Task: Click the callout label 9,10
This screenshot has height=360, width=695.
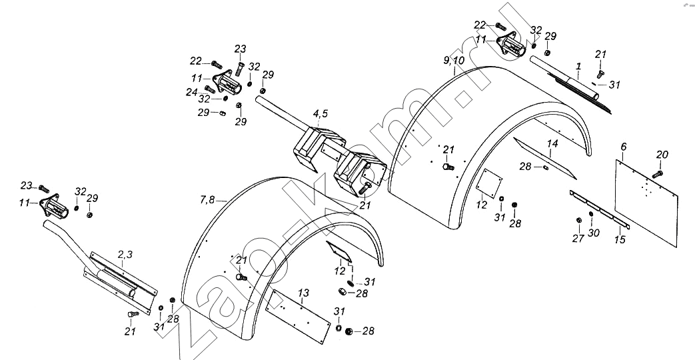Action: pyautogui.click(x=454, y=61)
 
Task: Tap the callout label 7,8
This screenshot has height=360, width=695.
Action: pyautogui.click(x=208, y=199)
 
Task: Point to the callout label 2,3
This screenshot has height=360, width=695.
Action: pyautogui.click(x=125, y=254)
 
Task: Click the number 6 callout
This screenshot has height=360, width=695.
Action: pyautogui.click(x=623, y=147)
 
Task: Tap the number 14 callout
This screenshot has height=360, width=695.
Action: pyautogui.click(x=552, y=144)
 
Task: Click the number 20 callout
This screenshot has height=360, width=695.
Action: pyautogui.click(x=661, y=155)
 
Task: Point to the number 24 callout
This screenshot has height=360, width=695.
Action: pyautogui.click(x=192, y=92)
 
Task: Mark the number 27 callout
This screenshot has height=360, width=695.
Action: pyautogui.click(x=578, y=238)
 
